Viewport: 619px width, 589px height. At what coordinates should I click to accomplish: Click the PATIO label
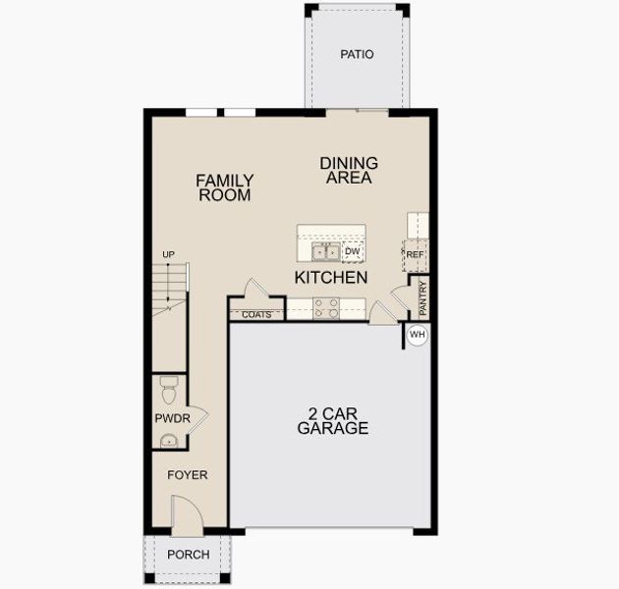click(x=357, y=55)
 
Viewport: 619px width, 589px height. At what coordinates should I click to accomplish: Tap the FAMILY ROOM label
click(x=224, y=187)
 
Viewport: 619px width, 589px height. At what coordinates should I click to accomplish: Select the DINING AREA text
click(x=349, y=170)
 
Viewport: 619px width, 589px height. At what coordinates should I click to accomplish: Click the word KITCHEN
click(x=331, y=278)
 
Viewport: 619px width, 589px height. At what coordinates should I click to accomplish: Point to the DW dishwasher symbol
click(x=353, y=252)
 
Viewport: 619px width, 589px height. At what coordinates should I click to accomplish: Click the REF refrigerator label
click(x=415, y=255)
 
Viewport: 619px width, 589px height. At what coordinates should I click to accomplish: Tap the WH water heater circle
click(x=417, y=335)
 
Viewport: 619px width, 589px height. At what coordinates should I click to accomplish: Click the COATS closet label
click(x=256, y=315)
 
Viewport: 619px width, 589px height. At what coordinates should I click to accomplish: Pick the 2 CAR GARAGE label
click(x=333, y=421)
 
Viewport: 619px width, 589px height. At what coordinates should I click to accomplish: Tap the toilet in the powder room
click(x=168, y=390)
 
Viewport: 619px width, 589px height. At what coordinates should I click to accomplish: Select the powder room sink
click(x=168, y=441)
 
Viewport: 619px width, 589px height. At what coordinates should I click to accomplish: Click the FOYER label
click(x=187, y=475)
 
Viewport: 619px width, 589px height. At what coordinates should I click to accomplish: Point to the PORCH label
click(x=188, y=555)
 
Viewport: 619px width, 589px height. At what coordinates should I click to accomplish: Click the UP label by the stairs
click(x=168, y=255)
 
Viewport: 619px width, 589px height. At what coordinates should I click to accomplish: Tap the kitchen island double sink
click(x=325, y=252)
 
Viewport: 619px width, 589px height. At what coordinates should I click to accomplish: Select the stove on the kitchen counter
click(x=326, y=308)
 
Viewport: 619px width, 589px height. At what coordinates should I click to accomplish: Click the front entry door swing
click(x=185, y=516)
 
